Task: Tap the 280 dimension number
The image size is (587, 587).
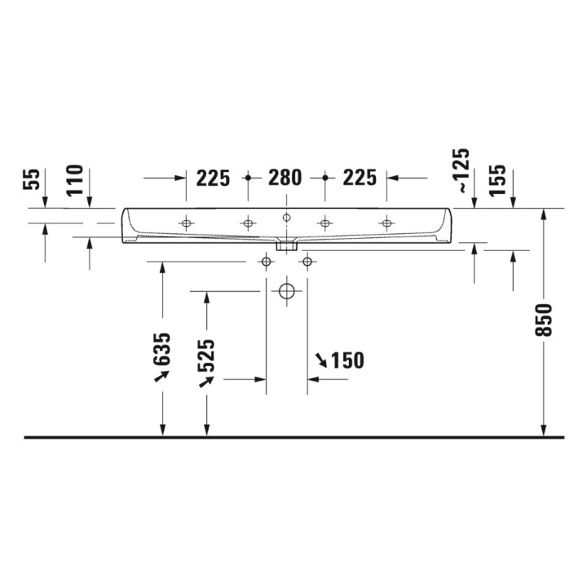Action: [285, 178]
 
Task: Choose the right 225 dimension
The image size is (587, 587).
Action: [359, 178]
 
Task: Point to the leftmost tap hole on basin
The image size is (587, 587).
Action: [187, 223]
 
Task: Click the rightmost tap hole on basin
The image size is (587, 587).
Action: [386, 223]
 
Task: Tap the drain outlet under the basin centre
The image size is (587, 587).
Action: [286, 243]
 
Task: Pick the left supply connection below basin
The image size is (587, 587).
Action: [266, 262]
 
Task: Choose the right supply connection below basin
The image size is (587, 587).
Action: [307, 262]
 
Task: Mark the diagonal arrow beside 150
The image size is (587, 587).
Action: [321, 360]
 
